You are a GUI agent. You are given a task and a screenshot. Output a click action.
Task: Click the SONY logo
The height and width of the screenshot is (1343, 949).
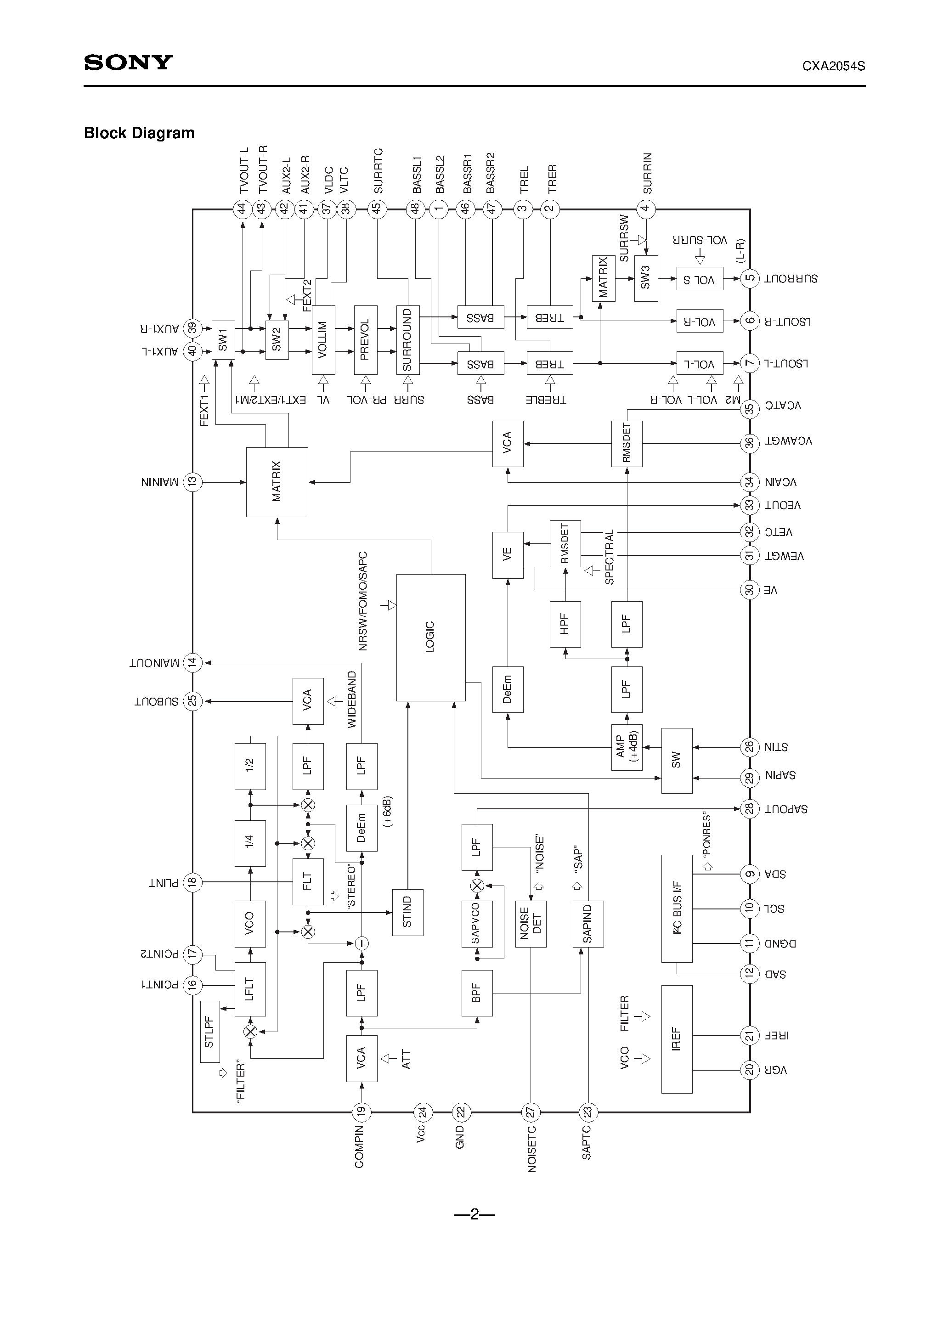click(128, 62)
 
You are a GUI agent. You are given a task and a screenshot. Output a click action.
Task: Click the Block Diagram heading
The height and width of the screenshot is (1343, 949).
click(139, 133)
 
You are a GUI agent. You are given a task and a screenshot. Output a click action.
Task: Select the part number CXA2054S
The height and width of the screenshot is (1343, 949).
click(833, 66)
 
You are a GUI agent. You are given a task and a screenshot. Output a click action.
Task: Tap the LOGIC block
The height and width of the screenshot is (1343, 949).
click(430, 637)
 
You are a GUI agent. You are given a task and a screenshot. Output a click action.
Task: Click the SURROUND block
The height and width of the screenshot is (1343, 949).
click(407, 339)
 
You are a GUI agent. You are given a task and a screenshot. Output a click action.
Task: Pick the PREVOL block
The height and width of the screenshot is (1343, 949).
click(365, 339)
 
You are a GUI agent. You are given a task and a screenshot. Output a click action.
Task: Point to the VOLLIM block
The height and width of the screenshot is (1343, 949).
click(323, 339)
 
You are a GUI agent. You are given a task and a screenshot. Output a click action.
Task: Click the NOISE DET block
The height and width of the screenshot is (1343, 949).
click(531, 924)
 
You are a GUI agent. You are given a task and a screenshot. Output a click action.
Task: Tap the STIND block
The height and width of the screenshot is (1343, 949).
click(407, 912)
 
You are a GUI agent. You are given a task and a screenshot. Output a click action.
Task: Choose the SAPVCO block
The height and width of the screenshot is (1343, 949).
click(476, 924)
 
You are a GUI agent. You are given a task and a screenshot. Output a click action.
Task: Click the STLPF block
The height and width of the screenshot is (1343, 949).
click(209, 1032)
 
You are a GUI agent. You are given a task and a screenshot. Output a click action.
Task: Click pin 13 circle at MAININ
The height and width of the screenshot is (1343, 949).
click(192, 482)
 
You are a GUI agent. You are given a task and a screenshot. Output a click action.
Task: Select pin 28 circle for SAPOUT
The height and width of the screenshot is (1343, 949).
click(750, 809)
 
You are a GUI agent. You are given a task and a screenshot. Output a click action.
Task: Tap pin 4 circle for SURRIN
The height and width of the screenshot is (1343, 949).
click(646, 208)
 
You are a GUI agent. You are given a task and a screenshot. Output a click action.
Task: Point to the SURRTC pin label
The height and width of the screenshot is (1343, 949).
click(378, 171)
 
